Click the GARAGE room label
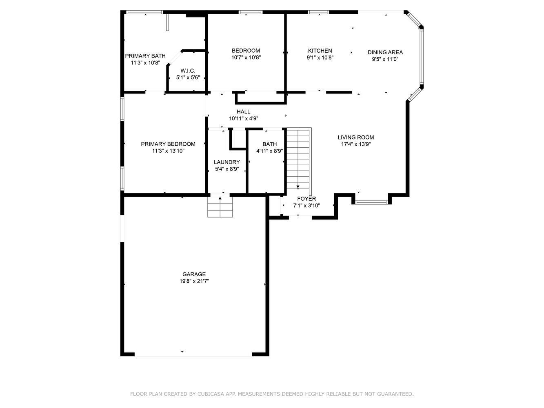194,274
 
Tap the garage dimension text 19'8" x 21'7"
194,281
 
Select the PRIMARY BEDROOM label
168,144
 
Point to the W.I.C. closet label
188,71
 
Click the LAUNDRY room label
227,162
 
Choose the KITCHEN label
320,51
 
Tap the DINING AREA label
385,52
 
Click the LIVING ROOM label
356,137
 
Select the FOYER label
306,199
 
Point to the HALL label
243,112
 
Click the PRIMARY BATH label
145,56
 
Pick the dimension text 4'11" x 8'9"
270,151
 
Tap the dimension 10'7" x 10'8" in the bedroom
246,58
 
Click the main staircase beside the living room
298,161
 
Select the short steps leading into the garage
220,207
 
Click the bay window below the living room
371,202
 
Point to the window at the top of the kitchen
318,12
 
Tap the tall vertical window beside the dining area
422,56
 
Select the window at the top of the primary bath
144,12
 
